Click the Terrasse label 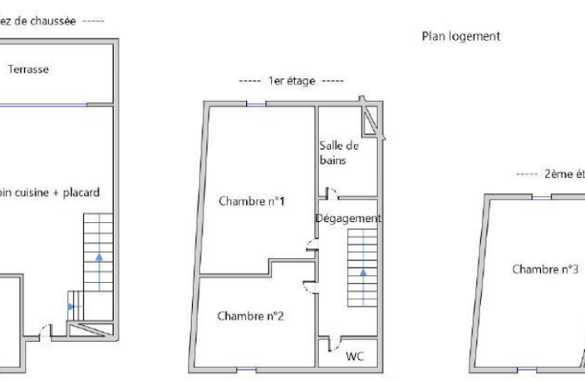tap(28, 69)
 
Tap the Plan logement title tap(460, 37)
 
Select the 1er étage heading tap(292, 81)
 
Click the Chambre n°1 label tap(252, 201)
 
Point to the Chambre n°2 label tap(250, 316)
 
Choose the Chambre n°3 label tap(545, 269)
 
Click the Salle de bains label tap(339, 153)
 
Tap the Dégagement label tap(348, 218)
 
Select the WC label tap(355, 356)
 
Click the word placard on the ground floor tap(81, 193)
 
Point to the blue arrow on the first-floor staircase tap(363, 272)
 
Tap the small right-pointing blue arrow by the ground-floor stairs tap(71, 307)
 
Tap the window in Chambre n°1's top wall tap(256, 105)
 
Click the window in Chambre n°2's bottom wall tap(247, 369)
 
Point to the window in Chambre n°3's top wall tap(542, 197)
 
